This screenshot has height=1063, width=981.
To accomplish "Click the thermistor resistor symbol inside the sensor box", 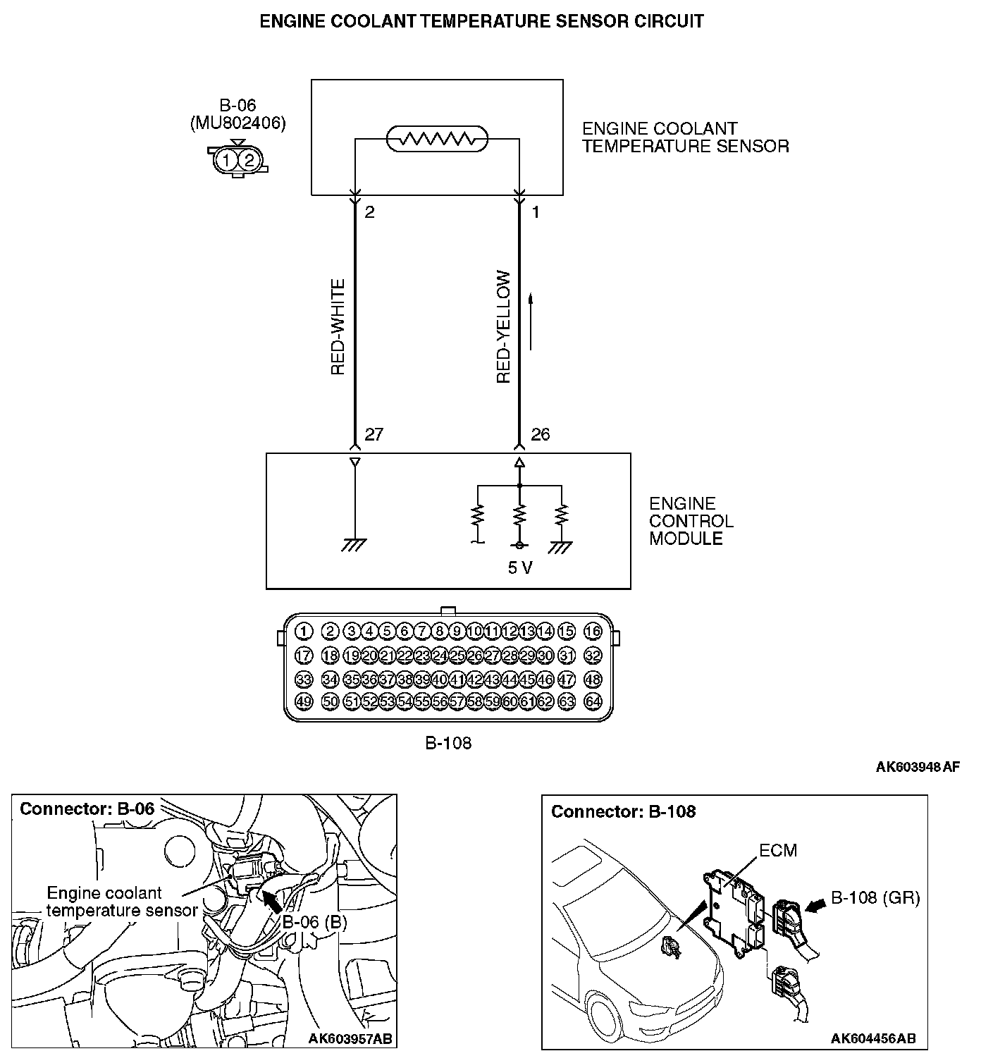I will tap(438, 140).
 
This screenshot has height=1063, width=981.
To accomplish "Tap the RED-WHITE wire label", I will tap(338, 326).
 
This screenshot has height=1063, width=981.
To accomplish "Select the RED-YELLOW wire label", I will tap(503, 327).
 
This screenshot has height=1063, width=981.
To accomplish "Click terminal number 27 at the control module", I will tap(374, 434).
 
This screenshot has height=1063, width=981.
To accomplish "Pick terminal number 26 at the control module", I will tap(540, 434).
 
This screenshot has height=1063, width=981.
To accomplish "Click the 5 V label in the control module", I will tap(520, 568).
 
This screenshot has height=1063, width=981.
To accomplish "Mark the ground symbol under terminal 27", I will tap(354, 544).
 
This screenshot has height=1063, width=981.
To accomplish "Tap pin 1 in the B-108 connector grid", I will tap(304, 632).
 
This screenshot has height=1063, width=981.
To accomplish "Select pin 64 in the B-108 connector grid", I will tap(593, 701).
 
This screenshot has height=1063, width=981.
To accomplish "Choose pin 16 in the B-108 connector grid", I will tap(593, 632).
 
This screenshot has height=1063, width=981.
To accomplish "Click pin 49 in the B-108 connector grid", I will tap(304, 701).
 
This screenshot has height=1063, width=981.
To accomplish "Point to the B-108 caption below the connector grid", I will tap(448, 742).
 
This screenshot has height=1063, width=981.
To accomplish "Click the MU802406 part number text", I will tap(238, 123).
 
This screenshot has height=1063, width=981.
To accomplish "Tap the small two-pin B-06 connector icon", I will tap(237, 160).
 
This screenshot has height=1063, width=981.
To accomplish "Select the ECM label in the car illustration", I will tap(778, 851).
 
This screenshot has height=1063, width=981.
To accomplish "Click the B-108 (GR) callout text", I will tap(875, 898).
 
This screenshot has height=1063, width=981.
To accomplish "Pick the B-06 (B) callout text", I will tap(315, 922).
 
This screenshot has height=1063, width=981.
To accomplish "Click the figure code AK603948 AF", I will tap(918, 767).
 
